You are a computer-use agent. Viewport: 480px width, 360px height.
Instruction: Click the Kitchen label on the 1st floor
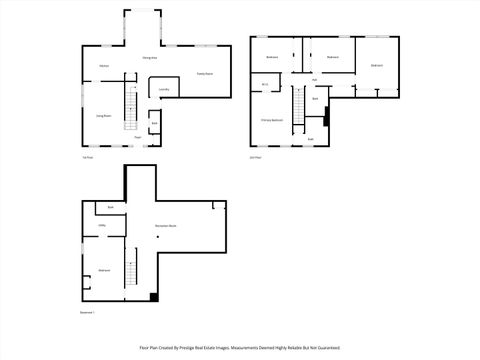[103, 67]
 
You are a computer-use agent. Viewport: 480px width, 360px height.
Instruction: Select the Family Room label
[204, 74]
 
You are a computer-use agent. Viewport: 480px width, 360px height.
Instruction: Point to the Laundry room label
[163, 90]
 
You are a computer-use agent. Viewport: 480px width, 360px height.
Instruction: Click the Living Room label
[103, 116]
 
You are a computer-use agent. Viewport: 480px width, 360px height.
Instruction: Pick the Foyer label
[137, 138]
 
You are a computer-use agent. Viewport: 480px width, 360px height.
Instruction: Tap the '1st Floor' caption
[88, 157]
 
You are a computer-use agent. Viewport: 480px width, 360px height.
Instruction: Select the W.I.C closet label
[265, 85]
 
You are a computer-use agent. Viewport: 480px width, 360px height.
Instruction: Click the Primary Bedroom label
[271, 119]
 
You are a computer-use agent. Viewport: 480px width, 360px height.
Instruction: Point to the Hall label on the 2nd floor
[314, 80]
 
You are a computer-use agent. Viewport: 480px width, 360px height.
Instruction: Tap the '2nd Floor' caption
[255, 157]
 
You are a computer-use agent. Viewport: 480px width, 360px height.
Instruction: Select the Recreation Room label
[166, 226]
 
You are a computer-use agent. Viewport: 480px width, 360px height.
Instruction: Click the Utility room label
[102, 226]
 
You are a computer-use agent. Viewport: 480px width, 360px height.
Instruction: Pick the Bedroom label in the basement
[104, 271]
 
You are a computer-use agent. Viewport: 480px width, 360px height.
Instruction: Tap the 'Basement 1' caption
[90, 313]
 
